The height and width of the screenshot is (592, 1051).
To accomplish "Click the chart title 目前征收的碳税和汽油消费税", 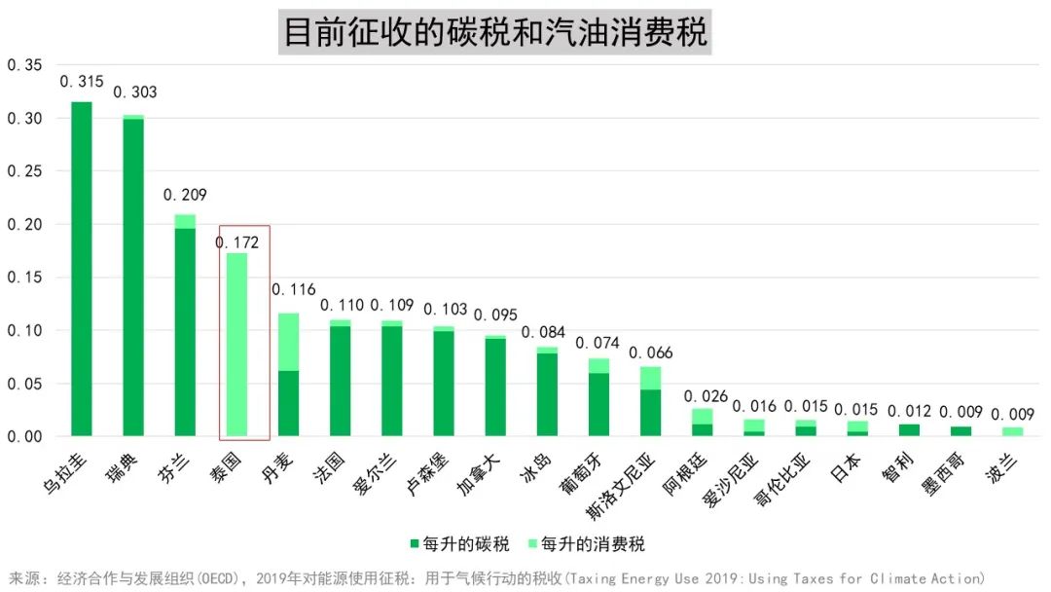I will point(494,32).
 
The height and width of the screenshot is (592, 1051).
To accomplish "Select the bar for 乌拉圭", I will point(82,269).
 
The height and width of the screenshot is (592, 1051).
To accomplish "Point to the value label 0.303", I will point(134,92).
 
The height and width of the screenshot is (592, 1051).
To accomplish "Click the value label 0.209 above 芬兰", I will point(185,195).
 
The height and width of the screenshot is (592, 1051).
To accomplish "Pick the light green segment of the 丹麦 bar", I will point(288,342).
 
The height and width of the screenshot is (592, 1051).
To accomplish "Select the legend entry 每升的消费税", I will point(584,543).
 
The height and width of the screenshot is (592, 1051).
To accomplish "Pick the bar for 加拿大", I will point(495,387).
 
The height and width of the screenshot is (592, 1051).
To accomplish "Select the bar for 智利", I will point(909,430).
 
